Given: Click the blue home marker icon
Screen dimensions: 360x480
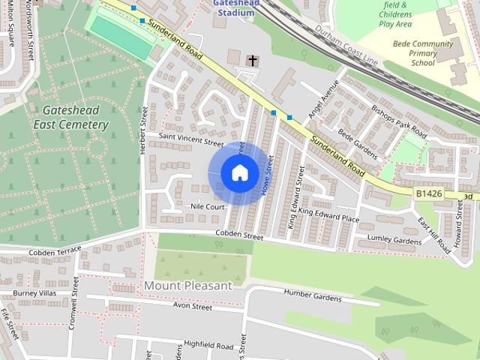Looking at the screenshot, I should pyautogui.click(x=238, y=172).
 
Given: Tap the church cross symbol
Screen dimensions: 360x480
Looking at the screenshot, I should pyautogui.click(x=253, y=60).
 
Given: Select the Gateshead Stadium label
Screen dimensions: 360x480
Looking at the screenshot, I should pyautogui.click(x=236, y=7).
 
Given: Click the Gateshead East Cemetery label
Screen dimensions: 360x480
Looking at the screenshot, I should pyautogui.click(x=71, y=117).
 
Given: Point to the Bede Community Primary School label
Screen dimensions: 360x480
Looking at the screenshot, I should pyautogui.click(x=423, y=53).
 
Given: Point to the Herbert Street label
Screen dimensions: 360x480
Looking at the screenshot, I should pyautogui.click(x=143, y=132).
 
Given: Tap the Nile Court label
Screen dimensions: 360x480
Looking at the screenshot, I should pyautogui.click(x=208, y=206).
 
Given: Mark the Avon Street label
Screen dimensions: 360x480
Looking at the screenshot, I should pyautogui.click(x=193, y=306).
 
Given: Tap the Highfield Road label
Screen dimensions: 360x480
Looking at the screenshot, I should pyautogui.click(x=209, y=345).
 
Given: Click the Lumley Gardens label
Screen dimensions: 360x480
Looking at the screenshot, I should pyautogui.click(x=394, y=240).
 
